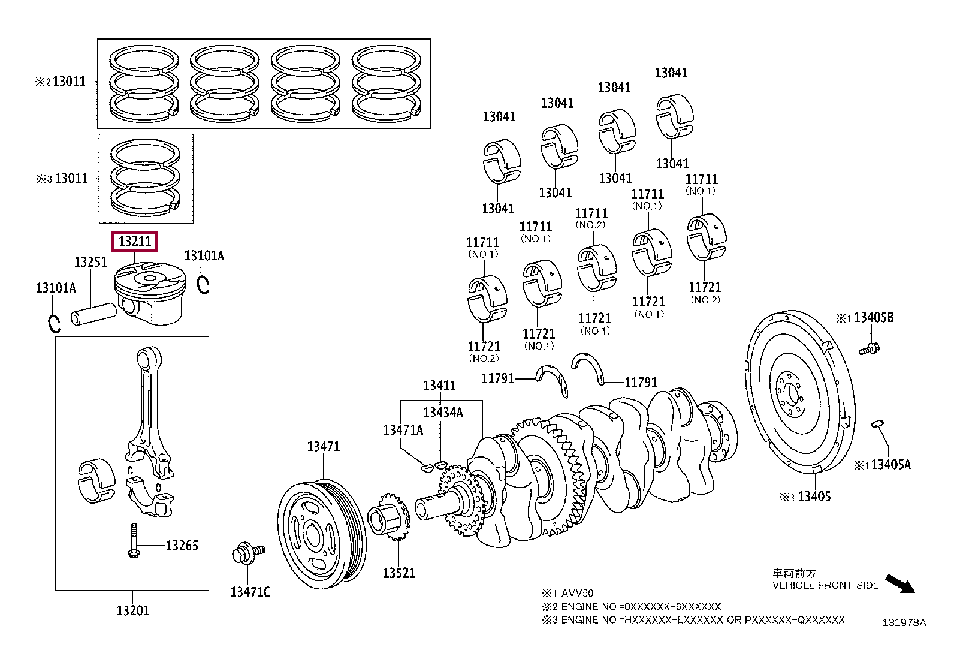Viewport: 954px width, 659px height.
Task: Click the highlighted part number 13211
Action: pyautogui.click(x=135, y=241)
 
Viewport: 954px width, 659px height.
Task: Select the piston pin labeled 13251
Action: pyautogui.click(x=93, y=314)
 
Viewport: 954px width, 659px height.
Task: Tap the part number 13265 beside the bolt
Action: pyautogui.click(x=182, y=546)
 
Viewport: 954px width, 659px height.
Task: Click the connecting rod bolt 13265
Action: pyautogui.click(x=134, y=541)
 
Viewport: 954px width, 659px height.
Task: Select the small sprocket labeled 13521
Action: pyautogui.click(x=388, y=516)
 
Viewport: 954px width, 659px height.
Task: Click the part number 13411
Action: pyautogui.click(x=439, y=386)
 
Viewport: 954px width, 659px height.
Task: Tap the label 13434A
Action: pyautogui.click(x=443, y=412)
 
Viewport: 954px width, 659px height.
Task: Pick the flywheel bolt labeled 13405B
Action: pyautogui.click(x=870, y=349)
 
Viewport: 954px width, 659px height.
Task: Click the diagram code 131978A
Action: pyautogui.click(x=904, y=622)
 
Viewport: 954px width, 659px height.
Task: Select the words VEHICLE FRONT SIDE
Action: pyautogui.click(x=825, y=585)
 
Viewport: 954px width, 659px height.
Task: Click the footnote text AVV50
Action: pyautogui.click(x=578, y=593)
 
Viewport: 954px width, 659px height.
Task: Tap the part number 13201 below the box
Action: pyautogui.click(x=133, y=610)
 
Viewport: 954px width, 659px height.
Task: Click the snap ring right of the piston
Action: pyautogui.click(x=203, y=285)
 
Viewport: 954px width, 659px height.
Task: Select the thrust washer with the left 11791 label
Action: pyautogui.click(x=554, y=380)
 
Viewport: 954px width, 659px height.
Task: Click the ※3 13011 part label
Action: pyautogui.click(x=62, y=178)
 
